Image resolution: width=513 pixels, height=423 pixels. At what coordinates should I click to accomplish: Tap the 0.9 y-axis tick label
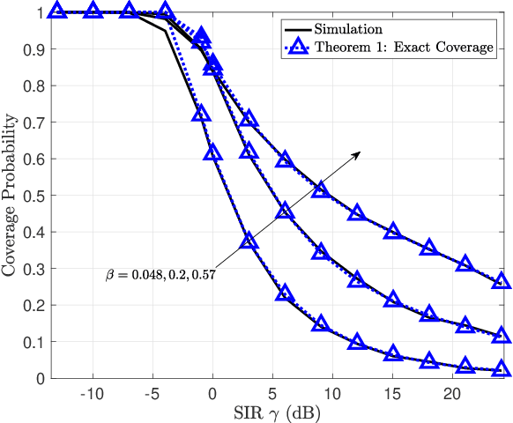(33, 49)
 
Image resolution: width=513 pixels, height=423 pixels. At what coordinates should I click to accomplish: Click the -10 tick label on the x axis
(91, 390)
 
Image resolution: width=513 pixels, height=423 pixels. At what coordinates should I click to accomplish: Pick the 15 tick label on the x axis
(392, 390)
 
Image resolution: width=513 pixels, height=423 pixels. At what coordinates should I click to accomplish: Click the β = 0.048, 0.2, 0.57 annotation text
(160, 275)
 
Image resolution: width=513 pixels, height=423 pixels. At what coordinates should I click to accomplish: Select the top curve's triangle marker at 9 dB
(321, 189)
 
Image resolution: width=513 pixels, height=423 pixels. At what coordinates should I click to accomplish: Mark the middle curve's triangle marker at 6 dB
(285, 211)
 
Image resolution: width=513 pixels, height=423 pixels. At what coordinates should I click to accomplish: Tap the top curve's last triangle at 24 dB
(502, 281)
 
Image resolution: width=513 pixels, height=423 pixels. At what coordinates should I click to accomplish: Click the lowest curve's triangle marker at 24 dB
(502, 369)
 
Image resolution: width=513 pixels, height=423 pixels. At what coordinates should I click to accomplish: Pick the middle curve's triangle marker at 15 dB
(393, 300)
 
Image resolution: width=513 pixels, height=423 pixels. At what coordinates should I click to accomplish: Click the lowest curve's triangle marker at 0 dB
(212, 152)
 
